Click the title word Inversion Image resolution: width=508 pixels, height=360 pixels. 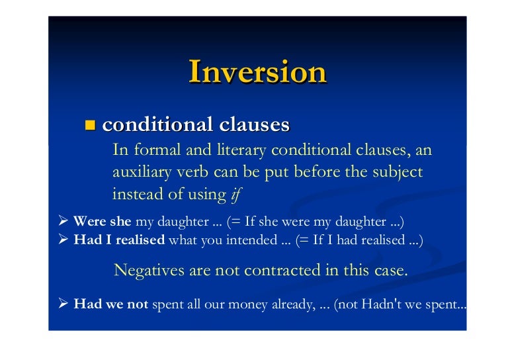tap(257, 71)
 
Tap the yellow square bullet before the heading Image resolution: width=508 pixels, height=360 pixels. tap(91, 124)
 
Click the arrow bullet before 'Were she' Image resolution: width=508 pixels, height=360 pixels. tap(64, 222)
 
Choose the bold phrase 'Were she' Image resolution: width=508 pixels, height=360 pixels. tap(103, 222)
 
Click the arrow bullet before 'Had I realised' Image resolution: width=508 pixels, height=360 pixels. tap(64, 240)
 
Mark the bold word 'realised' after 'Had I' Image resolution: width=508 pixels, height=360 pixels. tap(140, 240)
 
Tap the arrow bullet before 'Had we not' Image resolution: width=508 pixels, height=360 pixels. tap(64, 305)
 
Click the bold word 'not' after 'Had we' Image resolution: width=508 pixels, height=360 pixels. tap(138, 305)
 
